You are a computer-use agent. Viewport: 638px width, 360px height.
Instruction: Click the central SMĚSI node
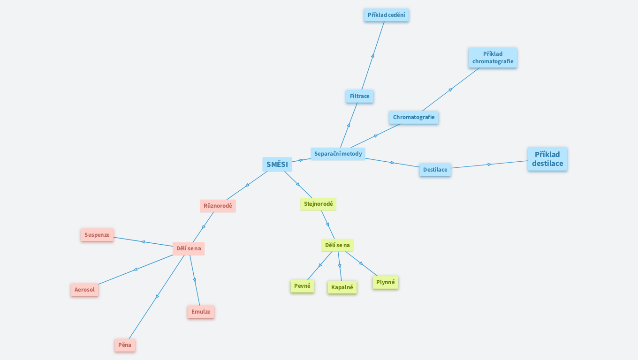pyautogui.click(x=277, y=164)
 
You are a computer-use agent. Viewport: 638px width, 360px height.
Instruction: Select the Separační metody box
pyautogui.click(x=338, y=154)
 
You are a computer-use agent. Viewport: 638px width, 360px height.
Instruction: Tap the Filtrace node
pyautogui.click(x=359, y=96)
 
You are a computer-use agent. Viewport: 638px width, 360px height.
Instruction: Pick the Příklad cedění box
pyautogui.click(x=386, y=15)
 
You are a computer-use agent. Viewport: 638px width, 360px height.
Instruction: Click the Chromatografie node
pyautogui.click(x=413, y=117)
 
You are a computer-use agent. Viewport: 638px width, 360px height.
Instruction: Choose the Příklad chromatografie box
pyautogui.click(x=493, y=58)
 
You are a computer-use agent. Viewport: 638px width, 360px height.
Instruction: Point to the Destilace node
pyautogui.click(x=435, y=170)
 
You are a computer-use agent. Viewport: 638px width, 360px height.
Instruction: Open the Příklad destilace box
pyautogui.click(x=547, y=159)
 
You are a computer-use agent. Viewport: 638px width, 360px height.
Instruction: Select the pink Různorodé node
pyautogui.click(x=218, y=206)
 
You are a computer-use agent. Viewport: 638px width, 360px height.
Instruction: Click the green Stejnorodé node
pyautogui.click(x=318, y=204)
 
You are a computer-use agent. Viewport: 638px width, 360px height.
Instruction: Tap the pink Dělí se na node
pyautogui.click(x=189, y=248)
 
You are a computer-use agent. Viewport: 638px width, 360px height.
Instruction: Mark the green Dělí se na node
pyautogui.click(x=337, y=245)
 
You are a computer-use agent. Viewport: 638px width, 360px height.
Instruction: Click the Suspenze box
pyautogui.click(x=97, y=235)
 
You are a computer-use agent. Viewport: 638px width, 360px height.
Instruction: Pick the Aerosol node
pyautogui.click(x=84, y=290)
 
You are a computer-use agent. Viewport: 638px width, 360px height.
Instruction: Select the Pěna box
pyautogui.click(x=125, y=345)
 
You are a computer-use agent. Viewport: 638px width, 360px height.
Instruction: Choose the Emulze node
pyautogui.click(x=201, y=312)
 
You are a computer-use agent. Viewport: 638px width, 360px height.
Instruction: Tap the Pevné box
pyautogui.click(x=302, y=286)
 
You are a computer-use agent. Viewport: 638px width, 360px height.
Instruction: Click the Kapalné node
pyautogui.click(x=342, y=287)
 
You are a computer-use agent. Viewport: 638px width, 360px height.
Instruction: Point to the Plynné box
pyautogui.click(x=385, y=282)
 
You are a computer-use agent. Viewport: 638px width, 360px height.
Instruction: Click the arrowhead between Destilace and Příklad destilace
pyautogui.click(x=489, y=165)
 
